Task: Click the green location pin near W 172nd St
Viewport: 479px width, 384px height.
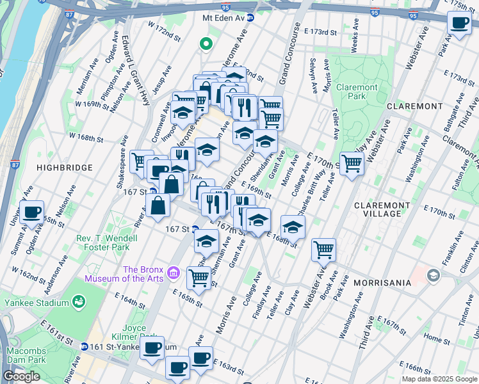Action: [x=206, y=44]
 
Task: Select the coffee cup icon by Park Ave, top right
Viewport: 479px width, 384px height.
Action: [x=459, y=23]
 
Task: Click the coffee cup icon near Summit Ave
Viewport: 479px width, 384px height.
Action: [x=31, y=212]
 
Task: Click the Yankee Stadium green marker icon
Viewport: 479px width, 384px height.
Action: [x=79, y=301]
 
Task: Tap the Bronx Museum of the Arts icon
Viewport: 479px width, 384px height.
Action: [x=173, y=275]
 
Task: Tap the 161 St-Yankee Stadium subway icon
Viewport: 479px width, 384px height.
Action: [x=84, y=346]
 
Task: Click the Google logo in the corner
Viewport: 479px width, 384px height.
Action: [x=22, y=376]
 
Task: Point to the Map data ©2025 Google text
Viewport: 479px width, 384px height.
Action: [x=439, y=379]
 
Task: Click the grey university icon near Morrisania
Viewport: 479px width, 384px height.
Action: [x=434, y=275]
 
